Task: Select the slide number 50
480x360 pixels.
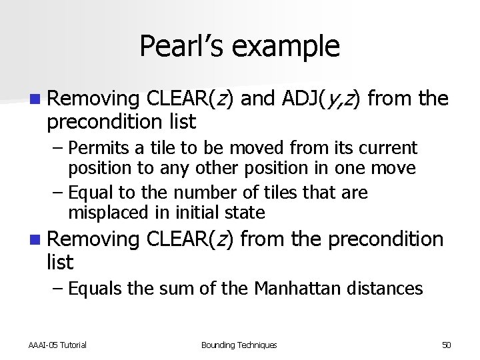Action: point(446,345)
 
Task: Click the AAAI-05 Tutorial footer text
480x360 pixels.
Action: point(57,345)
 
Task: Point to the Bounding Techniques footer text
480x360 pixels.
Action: point(239,345)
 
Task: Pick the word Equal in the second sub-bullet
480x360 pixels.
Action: point(91,193)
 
